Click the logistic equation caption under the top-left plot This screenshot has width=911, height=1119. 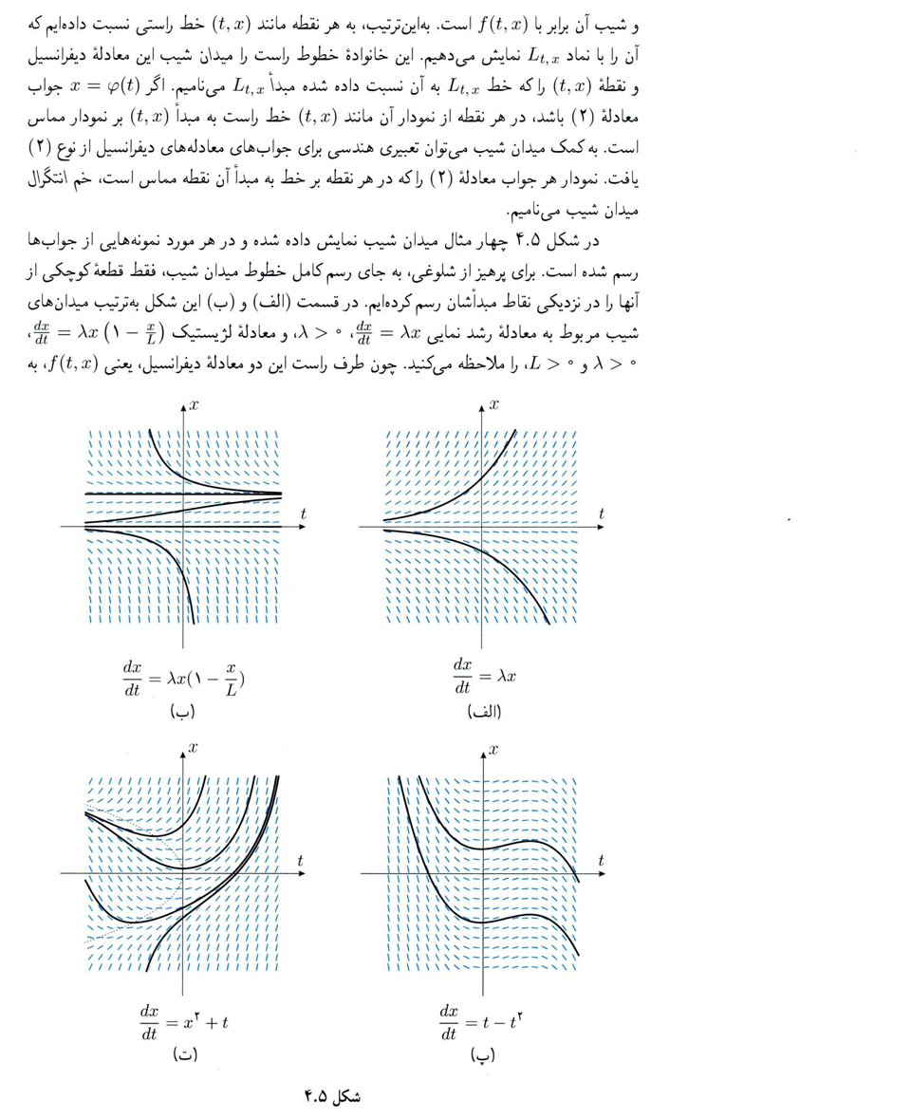pos(184,675)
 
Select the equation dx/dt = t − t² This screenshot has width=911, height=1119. pos(483,1020)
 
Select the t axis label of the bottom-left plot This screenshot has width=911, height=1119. pos(301,860)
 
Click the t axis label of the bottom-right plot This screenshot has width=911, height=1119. pos(602,860)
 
